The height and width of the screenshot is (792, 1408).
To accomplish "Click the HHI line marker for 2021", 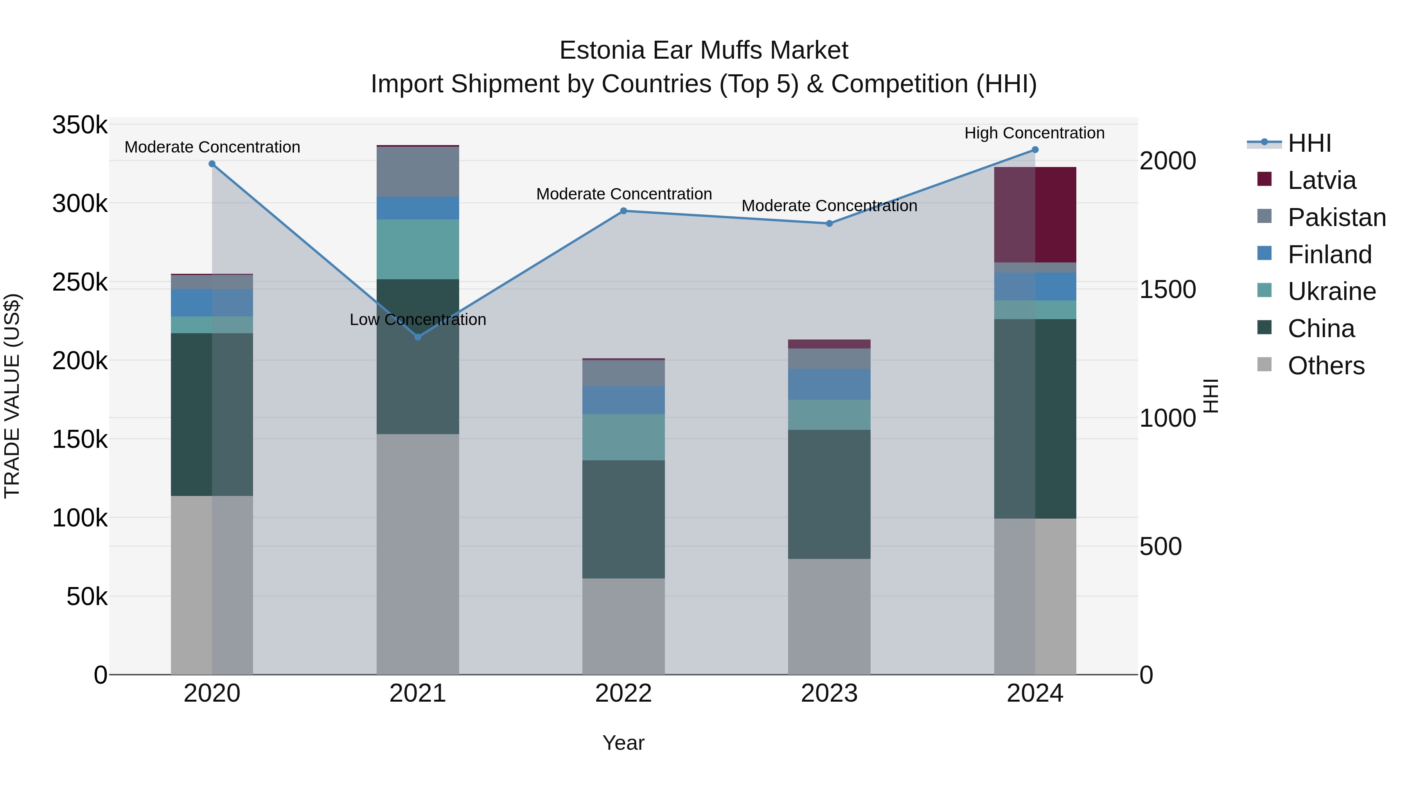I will point(418,337).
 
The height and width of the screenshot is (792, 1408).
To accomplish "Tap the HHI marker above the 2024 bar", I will point(1034,150).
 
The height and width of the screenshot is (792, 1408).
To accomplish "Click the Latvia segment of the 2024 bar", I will point(1034,215).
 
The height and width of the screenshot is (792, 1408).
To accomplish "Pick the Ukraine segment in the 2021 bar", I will point(418,249).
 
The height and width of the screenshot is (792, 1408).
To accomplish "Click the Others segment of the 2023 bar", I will point(829,616).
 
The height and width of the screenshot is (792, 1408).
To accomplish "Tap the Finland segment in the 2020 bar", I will point(212,303).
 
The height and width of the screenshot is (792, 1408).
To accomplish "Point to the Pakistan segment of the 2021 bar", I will point(418,172).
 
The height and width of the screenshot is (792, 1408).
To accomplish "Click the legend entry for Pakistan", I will point(1336,217).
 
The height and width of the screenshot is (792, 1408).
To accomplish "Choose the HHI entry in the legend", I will point(1309,143).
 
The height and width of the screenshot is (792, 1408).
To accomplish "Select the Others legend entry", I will point(1325,366).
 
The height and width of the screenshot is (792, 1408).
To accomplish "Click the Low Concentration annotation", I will point(418,320).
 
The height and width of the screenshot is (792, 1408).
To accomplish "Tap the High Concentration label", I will point(1034,133).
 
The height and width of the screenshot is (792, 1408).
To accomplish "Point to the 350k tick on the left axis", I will point(80,125).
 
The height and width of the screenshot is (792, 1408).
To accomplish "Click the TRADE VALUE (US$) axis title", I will point(12,396).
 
